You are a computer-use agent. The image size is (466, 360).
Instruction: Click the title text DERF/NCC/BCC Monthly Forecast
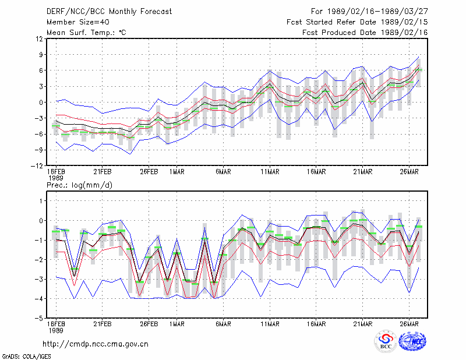coord(109,12)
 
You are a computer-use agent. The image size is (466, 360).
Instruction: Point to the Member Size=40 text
coord(78,22)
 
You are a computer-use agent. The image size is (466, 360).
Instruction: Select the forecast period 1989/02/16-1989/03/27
coord(377,12)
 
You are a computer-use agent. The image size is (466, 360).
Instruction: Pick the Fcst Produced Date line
coord(365,33)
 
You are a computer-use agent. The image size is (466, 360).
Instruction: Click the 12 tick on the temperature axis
coord(40,39)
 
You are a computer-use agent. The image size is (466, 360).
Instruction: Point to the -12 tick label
coord(37,166)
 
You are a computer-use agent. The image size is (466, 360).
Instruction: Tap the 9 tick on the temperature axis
coord(41,55)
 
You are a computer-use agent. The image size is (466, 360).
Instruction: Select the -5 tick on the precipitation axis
coord(39,319)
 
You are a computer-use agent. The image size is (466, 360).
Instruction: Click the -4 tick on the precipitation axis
coord(39,299)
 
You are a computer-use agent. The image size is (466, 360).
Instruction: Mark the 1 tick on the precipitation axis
coord(41,201)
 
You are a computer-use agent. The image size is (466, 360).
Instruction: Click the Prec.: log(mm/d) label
coord(79,185)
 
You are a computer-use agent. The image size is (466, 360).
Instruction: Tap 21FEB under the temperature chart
coord(103,172)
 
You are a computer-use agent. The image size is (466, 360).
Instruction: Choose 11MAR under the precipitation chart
coord(270,324)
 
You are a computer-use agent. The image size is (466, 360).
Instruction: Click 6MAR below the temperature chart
coord(223,172)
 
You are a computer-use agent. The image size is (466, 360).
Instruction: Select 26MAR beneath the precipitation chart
coord(409,324)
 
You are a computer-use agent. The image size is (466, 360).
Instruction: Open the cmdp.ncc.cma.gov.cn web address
coord(96,344)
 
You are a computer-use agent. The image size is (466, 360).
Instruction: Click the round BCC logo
coord(386,341)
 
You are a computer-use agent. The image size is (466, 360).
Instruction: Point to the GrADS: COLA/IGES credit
coord(26,357)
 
